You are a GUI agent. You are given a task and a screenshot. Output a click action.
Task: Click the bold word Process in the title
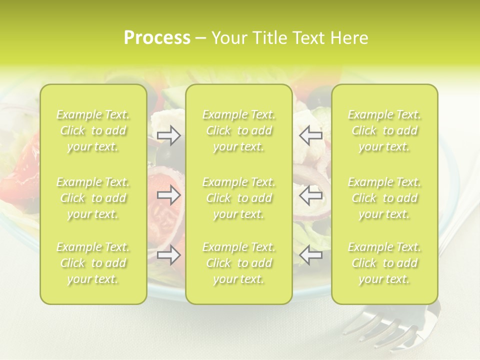(157, 38)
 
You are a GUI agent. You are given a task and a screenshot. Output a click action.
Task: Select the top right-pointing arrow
(169, 135)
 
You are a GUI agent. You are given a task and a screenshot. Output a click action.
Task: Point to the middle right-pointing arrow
(169, 195)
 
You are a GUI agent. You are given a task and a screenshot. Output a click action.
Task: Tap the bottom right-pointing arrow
(169, 255)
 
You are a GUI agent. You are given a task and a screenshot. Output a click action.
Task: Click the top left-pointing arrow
(310, 135)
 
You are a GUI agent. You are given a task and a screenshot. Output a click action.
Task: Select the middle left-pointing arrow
(310, 195)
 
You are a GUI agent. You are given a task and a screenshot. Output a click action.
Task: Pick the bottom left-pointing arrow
(310, 255)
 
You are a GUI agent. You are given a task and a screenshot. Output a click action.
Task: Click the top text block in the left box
(93, 130)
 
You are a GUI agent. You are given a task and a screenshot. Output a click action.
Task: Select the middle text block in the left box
(93, 198)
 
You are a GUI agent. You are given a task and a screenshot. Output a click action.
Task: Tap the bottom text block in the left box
(93, 263)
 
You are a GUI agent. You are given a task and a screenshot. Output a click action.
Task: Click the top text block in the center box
(239, 130)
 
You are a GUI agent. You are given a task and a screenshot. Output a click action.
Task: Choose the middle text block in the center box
(239, 198)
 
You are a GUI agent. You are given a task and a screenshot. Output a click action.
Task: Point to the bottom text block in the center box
(239, 263)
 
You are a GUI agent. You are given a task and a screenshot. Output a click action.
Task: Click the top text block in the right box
(384, 130)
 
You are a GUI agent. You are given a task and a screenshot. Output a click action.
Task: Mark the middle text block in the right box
(384, 198)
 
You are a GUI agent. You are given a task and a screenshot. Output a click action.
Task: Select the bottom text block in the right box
(384, 263)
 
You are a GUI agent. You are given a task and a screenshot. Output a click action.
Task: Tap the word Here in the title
(350, 38)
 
